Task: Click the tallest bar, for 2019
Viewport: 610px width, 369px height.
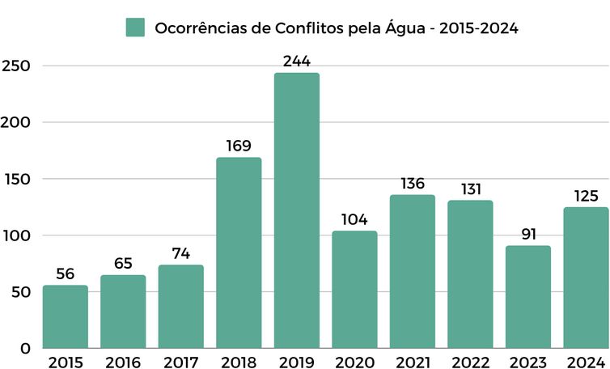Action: coord(296,210)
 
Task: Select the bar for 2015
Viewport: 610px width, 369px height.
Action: coord(66,316)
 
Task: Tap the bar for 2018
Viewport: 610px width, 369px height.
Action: coord(239,252)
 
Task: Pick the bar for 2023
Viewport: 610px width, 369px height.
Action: coord(527,297)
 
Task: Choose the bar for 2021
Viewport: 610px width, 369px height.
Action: coord(412,271)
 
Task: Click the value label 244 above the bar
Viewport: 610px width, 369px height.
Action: coord(296,61)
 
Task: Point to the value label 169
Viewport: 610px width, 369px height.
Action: coord(239,146)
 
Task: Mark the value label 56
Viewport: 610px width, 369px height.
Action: coord(66,274)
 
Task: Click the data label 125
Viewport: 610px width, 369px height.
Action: coord(585,196)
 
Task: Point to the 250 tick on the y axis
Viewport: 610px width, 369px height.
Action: coord(16,66)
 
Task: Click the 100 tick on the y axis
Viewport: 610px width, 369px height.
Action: coord(16,235)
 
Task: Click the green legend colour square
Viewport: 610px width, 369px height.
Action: coord(135,27)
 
